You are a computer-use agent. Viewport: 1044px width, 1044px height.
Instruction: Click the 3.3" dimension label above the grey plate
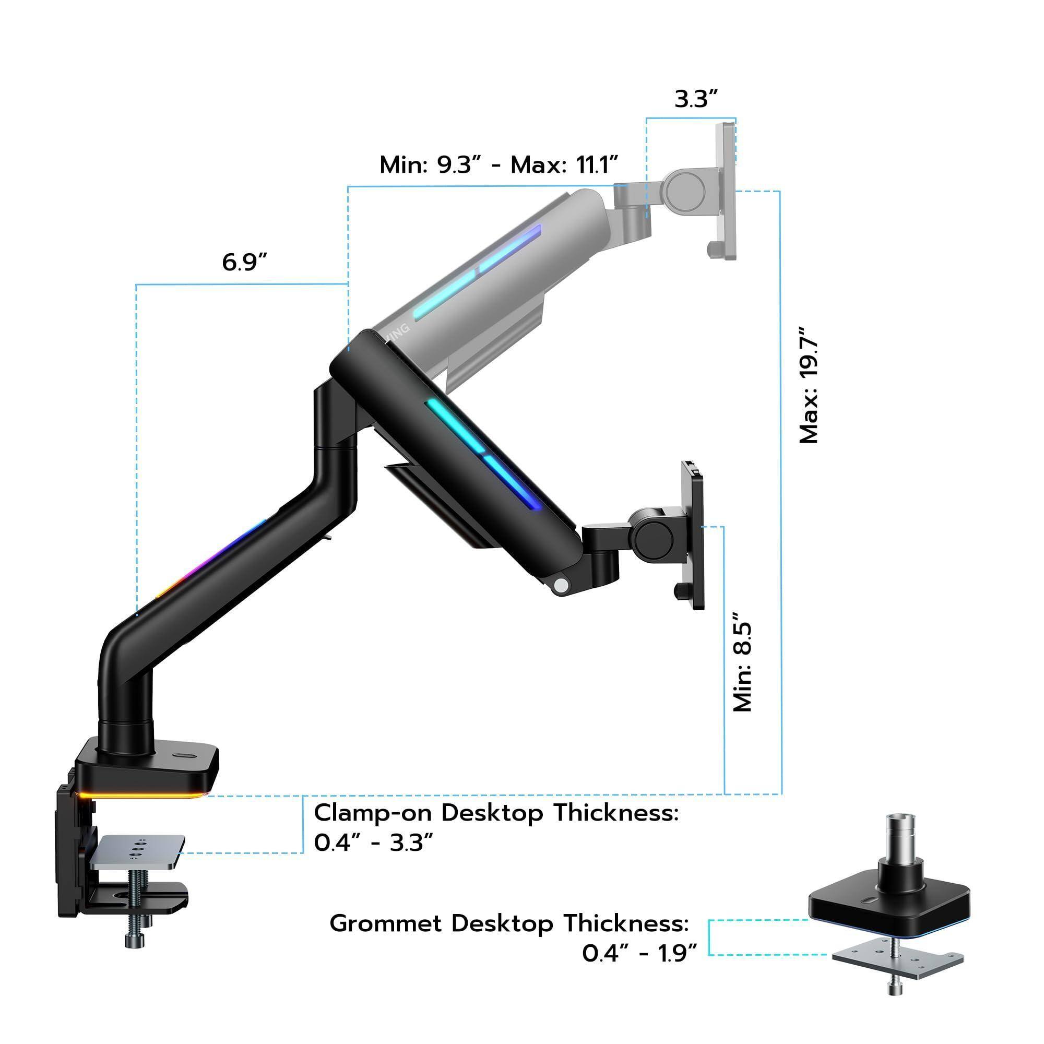tap(696, 99)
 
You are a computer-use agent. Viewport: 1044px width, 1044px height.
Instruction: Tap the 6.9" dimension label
tap(244, 262)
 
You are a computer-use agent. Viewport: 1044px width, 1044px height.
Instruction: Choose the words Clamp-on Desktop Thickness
tap(495, 813)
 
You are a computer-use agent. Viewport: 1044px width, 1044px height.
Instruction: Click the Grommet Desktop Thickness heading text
tap(509, 923)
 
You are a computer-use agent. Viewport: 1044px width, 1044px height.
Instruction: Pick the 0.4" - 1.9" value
tap(639, 954)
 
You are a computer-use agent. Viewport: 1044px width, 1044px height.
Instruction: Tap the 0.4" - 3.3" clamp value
tap(373, 843)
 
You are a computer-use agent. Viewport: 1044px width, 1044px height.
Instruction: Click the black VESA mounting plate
tap(694, 535)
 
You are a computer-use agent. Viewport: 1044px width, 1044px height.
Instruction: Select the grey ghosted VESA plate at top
tap(725, 191)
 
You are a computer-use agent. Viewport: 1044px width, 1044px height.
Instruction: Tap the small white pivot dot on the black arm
tap(563, 585)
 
